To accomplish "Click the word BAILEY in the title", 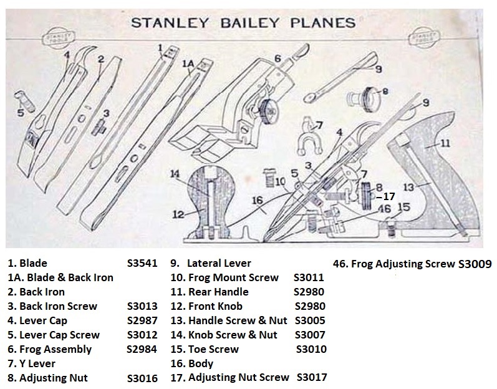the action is [249, 23].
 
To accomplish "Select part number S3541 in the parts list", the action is [142, 263].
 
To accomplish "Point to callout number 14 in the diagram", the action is [175, 174].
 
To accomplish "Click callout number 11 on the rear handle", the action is [445, 143].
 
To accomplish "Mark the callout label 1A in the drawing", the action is [188, 64].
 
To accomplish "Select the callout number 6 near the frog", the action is [277, 58].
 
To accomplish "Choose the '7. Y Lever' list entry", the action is [31, 363].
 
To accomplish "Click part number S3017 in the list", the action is [312, 377].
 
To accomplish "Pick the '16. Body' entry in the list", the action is [192, 363].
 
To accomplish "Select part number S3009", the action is [475, 264].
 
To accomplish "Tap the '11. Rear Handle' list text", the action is [210, 292].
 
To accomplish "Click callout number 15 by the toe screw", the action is [403, 207].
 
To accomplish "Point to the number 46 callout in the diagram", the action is [385, 209].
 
